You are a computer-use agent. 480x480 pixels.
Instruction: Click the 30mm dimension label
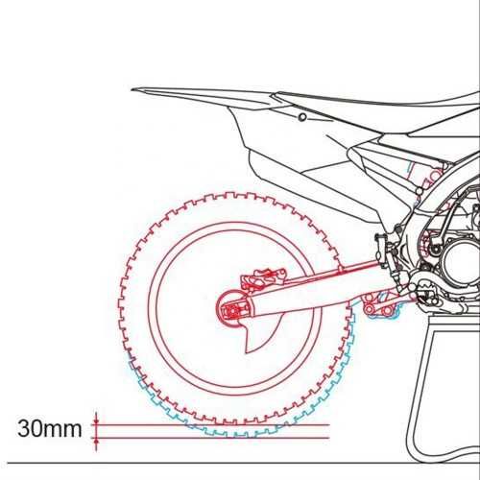point(50,429)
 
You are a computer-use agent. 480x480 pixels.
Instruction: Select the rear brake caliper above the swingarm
point(263,277)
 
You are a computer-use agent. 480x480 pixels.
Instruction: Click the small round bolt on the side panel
point(302,117)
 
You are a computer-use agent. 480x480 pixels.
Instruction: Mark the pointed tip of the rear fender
point(132,89)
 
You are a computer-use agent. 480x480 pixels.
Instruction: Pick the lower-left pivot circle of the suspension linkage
point(370,309)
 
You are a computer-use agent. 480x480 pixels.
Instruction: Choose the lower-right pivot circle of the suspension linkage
point(387,310)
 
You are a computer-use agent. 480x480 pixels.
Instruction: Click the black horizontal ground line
point(243,463)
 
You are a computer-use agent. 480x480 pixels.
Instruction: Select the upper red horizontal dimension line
point(210,425)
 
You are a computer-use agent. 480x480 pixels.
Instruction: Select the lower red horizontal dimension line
point(210,438)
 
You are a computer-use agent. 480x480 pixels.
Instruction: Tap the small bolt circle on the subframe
point(420,192)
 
